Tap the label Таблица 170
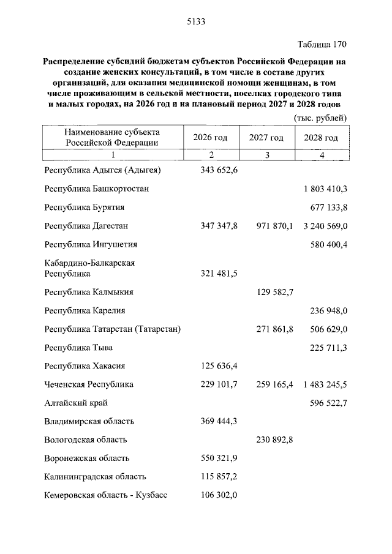tap(322, 45)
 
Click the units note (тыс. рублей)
tap(320, 118)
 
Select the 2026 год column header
tap(210, 137)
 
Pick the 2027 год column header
tap(266, 137)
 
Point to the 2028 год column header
tap(321, 137)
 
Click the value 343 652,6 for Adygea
tap(219, 171)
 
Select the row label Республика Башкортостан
tap(96, 189)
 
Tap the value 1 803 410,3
tap(325, 189)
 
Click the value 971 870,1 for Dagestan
tap(274, 226)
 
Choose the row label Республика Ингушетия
tap(91, 244)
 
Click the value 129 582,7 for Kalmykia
tap(274, 293)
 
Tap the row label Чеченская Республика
tap(89, 384)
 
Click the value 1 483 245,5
tap(325, 384)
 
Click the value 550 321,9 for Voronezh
tap(219, 458)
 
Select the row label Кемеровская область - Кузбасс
tap(105, 495)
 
